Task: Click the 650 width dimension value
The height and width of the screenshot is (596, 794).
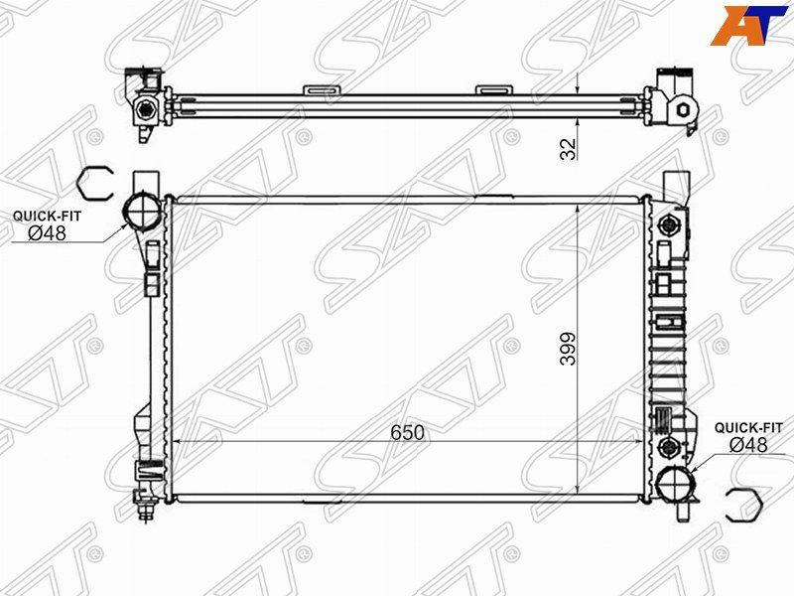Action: (x=407, y=432)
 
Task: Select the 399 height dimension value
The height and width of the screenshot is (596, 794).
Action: (x=568, y=349)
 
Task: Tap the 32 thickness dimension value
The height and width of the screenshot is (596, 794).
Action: (x=568, y=148)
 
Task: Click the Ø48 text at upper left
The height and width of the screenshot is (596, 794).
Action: (x=47, y=233)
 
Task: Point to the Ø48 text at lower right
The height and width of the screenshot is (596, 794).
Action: (x=748, y=445)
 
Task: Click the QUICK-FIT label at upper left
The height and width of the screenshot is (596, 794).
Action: (x=47, y=216)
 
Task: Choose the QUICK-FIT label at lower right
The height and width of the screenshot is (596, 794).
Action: (x=748, y=428)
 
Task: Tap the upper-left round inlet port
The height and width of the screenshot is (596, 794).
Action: (x=143, y=212)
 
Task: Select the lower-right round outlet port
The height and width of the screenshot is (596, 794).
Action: (x=675, y=484)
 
